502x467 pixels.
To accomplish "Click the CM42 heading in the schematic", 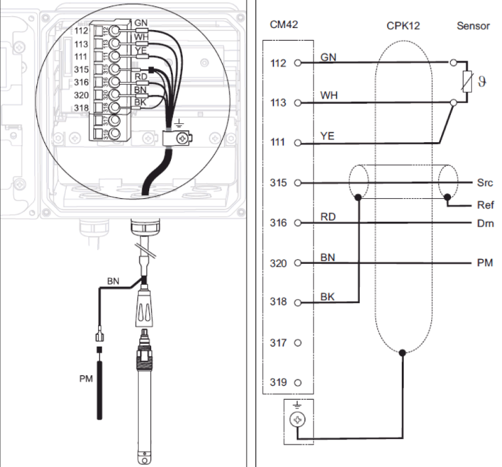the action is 284,25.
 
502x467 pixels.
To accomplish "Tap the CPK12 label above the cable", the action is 403,26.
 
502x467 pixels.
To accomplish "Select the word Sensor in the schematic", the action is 473,26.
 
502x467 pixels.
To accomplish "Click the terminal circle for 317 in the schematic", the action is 298,343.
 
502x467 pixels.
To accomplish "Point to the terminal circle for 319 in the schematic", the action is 298,382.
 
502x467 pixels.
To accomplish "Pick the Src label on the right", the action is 484,183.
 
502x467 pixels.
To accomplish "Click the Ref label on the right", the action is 485,205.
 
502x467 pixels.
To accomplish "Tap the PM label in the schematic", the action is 484,263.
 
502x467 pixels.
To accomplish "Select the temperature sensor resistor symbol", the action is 468,82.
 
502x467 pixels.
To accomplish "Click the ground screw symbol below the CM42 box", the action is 298,419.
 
